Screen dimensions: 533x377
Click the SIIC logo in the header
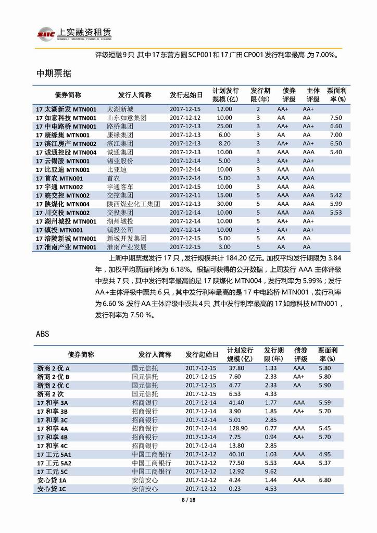(x=44, y=33)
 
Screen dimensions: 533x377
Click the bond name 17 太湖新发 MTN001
(x=66, y=109)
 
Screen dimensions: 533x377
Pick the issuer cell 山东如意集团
(x=127, y=118)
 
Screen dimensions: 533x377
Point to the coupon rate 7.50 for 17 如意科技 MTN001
(x=336, y=118)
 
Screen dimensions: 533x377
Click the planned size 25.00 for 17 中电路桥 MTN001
(x=224, y=127)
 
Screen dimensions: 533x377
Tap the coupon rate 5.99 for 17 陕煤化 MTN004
(x=336, y=204)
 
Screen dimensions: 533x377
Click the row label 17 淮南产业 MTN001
(x=66, y=247)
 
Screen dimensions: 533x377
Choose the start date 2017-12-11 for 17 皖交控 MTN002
(x=185, y=195)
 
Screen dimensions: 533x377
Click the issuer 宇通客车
(x=120, y=187)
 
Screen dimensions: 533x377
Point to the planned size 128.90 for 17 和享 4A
(x=237, y=428)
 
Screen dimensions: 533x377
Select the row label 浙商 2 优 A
(x=53, y=368)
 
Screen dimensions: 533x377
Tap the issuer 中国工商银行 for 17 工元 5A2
(x=152, y=463)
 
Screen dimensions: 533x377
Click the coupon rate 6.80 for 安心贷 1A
(x=324, y=480)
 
